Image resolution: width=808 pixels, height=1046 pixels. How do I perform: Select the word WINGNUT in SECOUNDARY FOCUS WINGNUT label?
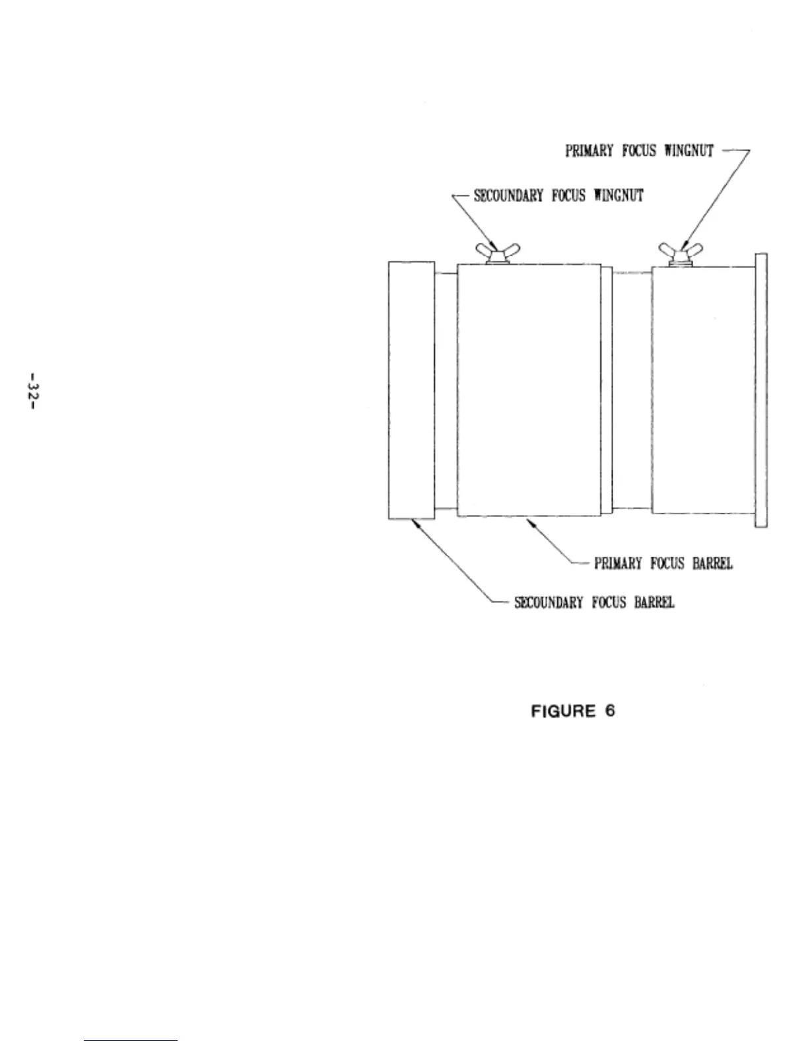click(x=619, y=195)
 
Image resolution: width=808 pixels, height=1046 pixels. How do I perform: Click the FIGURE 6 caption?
click(x=573, y=711)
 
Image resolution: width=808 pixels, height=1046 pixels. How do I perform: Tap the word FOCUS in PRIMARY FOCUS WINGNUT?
click(x=640, y=151)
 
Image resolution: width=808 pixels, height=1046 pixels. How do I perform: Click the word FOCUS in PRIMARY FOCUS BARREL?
click(x=670, y=563)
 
